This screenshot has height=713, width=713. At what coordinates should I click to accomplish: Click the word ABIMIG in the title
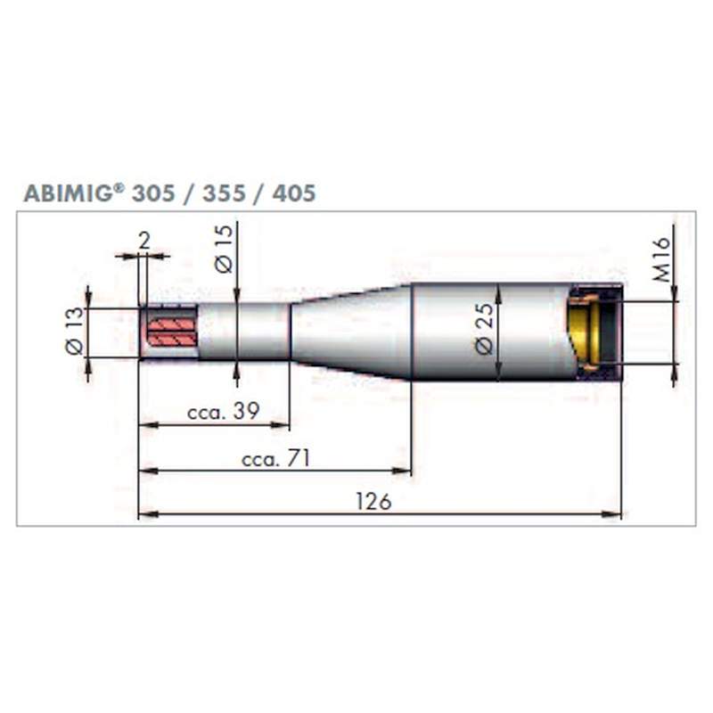coord(69,193)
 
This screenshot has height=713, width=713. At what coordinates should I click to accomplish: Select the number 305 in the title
coord(153,193)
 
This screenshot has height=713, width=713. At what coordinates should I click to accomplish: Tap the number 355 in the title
coord(224,193)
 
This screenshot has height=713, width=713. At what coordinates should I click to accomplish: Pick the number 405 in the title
coord(294,193)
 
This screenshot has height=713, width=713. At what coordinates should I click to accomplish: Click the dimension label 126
coord(373,502)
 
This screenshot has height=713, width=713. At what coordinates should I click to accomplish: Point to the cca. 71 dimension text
coord(275,458)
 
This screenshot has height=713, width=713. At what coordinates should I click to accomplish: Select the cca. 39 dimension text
coord(224,412)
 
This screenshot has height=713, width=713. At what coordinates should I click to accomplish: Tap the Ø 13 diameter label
coord(75,331)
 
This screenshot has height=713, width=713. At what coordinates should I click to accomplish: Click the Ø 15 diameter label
coord(224,249)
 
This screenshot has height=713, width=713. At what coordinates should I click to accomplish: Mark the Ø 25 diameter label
coord(484,328)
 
